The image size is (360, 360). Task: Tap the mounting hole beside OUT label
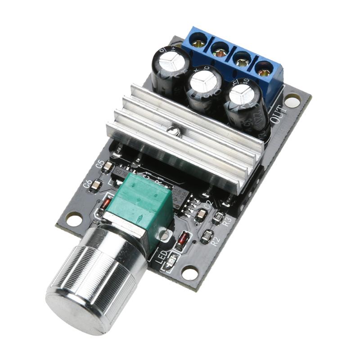pyautogui.click(x=292, y=100)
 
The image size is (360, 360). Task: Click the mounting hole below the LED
pyautogui.click(x=189, y=272)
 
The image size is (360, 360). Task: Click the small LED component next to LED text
pyautogui.click(x=171, y=261)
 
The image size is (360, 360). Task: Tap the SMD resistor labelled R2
pyautogui.click(x=207, y=234)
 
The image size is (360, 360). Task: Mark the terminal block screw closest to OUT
pyautogui.click(x=264, y=71)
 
